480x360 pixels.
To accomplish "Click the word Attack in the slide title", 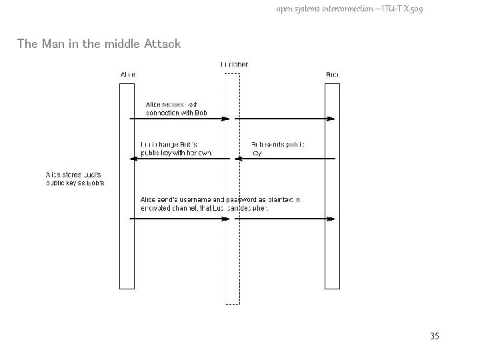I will tap(163, 45).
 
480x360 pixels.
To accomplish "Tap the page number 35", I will tap(434, 336).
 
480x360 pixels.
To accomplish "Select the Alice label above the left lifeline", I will tap(127, 74).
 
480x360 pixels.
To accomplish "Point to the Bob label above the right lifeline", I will tap(331, 74).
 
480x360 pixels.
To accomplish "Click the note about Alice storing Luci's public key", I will tap(75, 179).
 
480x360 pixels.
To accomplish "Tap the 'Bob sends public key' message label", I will tap(279, 148).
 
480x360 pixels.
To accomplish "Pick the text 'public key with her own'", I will tap(176, 153).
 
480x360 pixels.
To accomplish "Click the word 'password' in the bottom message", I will tap(245, 199).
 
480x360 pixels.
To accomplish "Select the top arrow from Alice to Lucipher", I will tap(180, 119).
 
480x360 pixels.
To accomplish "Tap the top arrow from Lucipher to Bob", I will tap(280, 119).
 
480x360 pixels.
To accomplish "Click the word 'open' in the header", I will tap(285, 9).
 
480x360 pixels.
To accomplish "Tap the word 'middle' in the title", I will tap(116, 45).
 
